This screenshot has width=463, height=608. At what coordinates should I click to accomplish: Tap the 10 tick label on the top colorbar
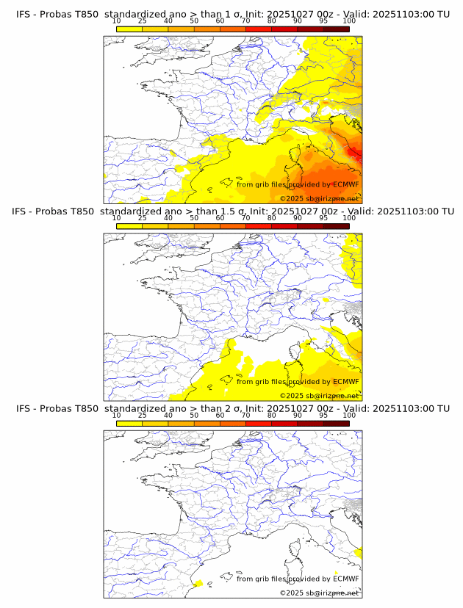[117, 21]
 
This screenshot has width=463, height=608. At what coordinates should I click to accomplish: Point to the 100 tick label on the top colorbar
[349, 21]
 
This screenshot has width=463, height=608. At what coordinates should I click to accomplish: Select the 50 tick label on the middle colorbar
[194, 218]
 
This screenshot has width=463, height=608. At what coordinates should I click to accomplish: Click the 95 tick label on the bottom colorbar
[323, 415]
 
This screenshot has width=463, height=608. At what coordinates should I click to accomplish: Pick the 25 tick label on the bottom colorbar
[143, 415]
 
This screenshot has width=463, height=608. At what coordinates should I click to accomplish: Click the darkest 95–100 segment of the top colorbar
[336, 28]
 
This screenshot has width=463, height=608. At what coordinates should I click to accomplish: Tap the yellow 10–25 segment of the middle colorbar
[129, 225]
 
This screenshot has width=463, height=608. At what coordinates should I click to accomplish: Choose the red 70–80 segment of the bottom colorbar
[259, 423]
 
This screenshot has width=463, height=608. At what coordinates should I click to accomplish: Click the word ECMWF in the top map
[346, 184]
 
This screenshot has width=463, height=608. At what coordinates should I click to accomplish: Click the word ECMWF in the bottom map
[346, 579]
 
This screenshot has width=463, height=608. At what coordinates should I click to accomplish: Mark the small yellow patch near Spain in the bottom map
[198, 583]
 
